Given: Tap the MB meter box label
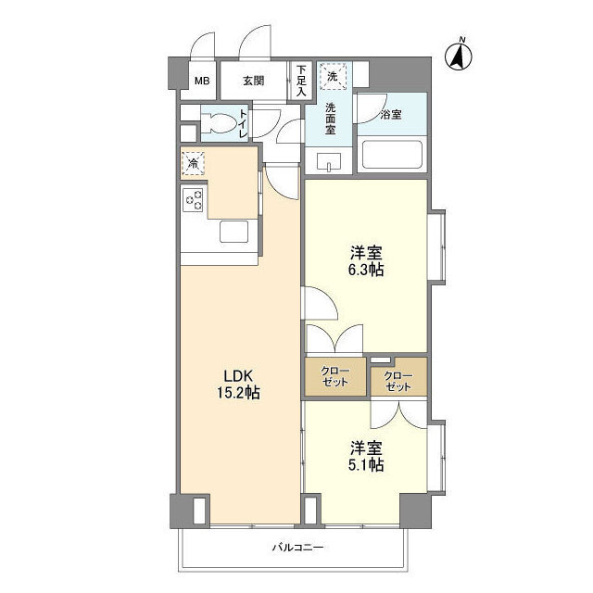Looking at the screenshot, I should (x=202, y=81).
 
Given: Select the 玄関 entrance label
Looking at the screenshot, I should (x=254, y=81).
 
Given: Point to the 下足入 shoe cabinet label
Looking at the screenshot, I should (x=301, y=80).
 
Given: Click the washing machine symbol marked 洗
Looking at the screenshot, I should (x=331, y=73).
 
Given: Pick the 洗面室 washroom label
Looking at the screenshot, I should (x=330, y=118).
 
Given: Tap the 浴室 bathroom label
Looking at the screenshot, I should (x=391, y=116).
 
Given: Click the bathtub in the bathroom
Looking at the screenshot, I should (x=392, y=154).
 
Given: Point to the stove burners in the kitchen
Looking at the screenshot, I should (x=194, y=199).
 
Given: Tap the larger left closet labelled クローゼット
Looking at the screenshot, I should (x=335, y=377).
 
